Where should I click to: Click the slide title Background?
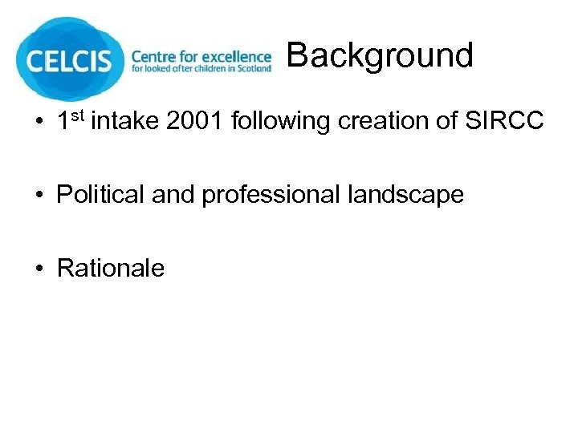point(380,55)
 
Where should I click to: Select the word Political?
point(101,195)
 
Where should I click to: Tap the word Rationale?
point(111,267)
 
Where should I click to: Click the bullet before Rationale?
point(39,268)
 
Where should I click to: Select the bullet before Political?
point(39,196)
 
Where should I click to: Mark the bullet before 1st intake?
point(39,123)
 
